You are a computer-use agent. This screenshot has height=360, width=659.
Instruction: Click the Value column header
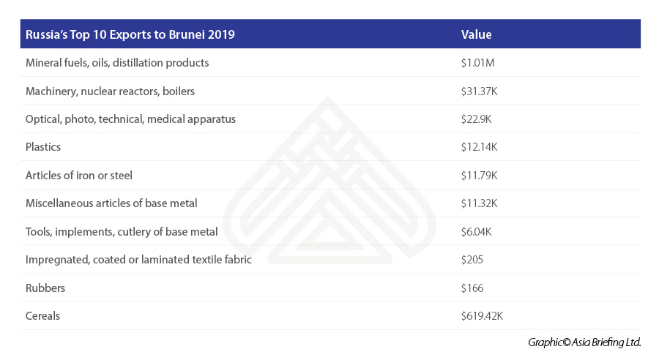[476, 34]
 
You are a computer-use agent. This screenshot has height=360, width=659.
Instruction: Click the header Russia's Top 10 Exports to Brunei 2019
[130, 34]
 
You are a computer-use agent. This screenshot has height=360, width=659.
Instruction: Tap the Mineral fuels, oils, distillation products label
[117, 63]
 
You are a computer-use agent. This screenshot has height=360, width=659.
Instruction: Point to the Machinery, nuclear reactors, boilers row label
[110, 91]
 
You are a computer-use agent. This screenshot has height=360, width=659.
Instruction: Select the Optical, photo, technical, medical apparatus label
[130, 119]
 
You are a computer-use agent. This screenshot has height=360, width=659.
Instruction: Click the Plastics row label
[43, 147]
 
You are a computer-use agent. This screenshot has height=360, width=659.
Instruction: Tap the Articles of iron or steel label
[78, 176]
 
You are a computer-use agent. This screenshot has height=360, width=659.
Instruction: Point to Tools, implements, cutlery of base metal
[122, 232]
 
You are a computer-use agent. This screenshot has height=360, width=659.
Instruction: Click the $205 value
[472, 260]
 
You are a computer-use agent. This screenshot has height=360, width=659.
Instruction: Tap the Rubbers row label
[45, 288]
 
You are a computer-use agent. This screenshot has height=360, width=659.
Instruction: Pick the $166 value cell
[472, 288]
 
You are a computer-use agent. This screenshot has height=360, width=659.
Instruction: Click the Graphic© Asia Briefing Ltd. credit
[584, 342]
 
